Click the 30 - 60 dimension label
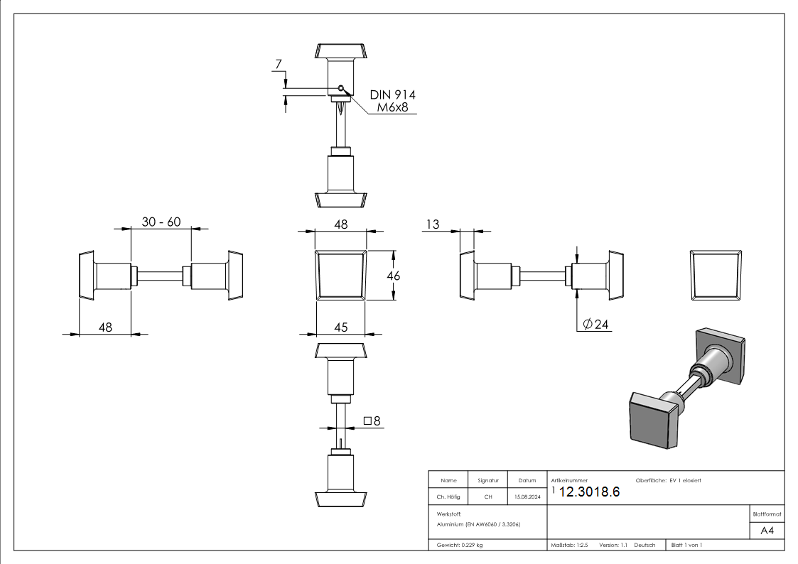click(x=161, y=222)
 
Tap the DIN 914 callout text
click(x=393, y=94)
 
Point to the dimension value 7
click(x=279, y=65)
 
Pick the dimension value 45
click(x=340, y=327)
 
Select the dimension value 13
click(x=431, y=224)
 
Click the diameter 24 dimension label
click(x=596, y=325)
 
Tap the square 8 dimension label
click(x=372, y=421)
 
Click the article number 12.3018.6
click(x=590, y=492)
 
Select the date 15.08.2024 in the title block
click(x=527, y=497)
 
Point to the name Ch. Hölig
click(x=448, y=497)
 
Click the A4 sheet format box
click(x=767, y=531)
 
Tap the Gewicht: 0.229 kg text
click(x=460, y=545)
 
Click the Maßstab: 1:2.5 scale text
click(x=570, y=545)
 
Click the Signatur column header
click(x=488, y=481)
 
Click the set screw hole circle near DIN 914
click(x=341, y=88)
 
